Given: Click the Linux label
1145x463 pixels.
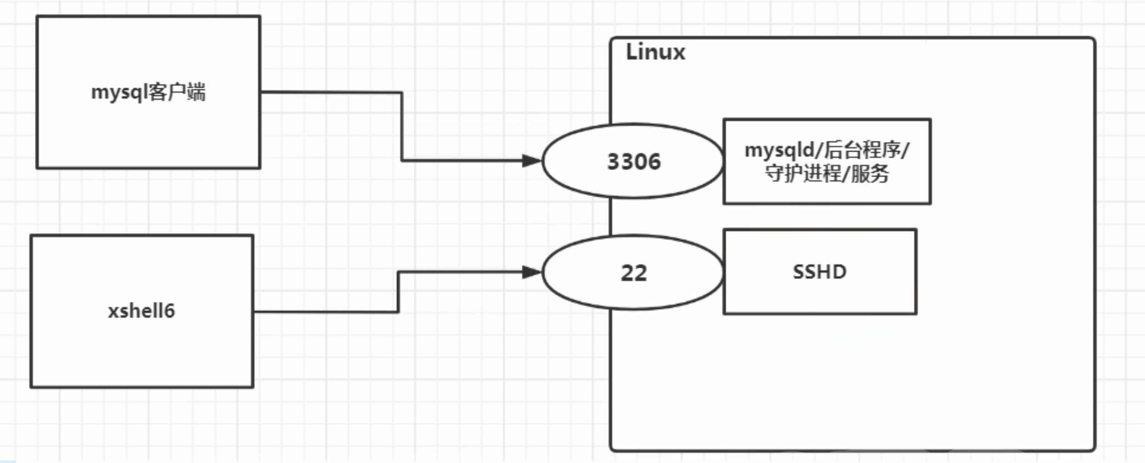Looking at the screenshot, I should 655,52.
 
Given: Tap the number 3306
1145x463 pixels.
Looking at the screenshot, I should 634,162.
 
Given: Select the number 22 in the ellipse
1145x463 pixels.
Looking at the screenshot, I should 634,273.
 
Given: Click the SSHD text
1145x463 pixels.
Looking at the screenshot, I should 819,272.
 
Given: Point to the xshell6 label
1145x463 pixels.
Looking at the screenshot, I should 141,311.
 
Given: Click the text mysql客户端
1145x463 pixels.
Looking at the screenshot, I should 148,92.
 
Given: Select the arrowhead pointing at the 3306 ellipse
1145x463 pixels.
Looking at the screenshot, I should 531,161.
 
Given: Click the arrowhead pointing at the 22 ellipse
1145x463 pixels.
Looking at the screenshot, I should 531,272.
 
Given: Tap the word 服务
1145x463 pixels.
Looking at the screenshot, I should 870,174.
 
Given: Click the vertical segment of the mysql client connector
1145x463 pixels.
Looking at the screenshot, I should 401,127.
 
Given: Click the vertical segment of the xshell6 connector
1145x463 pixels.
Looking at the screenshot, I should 398,292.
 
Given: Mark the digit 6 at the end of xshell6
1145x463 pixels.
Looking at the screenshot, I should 169,311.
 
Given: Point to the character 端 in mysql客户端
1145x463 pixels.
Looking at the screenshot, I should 196,92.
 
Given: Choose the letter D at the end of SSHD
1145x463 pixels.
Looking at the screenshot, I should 840,272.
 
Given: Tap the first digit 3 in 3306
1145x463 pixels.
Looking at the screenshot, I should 614,162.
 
